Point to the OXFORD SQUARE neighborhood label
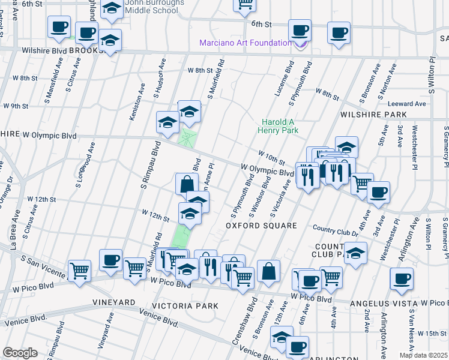261,226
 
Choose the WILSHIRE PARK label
373,114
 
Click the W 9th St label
16,106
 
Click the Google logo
20,352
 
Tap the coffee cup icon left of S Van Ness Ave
402,277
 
